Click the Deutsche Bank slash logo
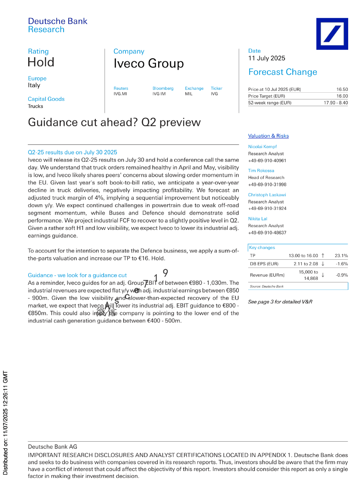[332, 34]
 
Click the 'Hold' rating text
[41, 62]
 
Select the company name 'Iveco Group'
[148, 64]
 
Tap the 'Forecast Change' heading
[282, 72]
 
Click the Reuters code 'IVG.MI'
[120, 94]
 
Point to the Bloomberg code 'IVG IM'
[159, 94]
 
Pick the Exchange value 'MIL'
[189, 94]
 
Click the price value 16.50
[342, 89]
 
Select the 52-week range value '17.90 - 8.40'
[335, 103]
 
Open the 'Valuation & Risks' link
[268, 136]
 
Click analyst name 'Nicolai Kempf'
[262, 147]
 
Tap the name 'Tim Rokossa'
[261, 171]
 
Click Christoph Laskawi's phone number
[267, 208]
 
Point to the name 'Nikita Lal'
[258, 219]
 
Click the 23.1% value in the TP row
[341, 256]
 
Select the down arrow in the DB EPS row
[323, 264]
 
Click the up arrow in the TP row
[323, 256]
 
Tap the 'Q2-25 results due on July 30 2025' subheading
[72, 152]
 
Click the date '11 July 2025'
[267, 58]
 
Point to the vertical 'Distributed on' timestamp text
[5, 423]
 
